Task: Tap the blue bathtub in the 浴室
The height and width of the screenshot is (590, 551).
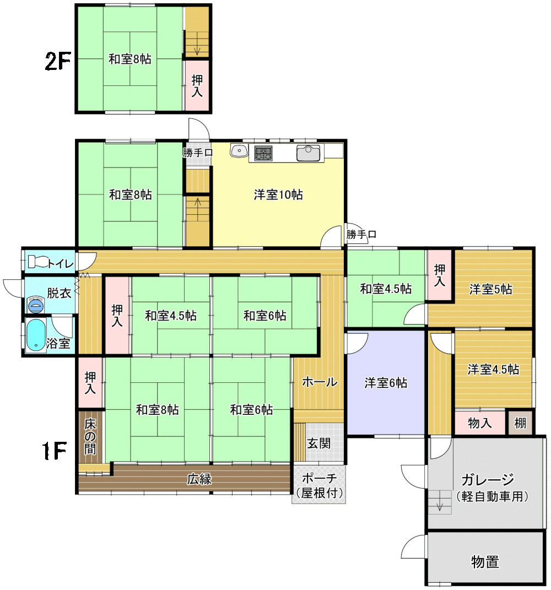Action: pos(36,335)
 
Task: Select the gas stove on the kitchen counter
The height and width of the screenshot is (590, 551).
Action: pos(263,153)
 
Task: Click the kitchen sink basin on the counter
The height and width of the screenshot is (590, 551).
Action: pos(308,153)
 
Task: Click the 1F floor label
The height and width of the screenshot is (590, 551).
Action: pos(54,451)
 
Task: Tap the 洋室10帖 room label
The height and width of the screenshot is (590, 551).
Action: pos(278,194)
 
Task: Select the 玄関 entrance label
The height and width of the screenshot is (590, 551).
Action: pos(319,443)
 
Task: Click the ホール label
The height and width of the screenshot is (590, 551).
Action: pos(320,382)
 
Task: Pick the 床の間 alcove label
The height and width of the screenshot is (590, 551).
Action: pos(90,436)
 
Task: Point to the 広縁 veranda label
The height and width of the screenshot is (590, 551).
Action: pos(199,479)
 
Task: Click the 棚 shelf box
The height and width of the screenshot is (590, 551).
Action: pos(520,423)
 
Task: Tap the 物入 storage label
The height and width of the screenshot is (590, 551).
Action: pos(480,423)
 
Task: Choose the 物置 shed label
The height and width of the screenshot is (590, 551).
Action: pos(485,562)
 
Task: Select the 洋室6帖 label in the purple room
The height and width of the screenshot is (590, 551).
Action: pos(386,383)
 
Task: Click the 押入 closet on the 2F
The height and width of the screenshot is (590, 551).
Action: pos(197,85)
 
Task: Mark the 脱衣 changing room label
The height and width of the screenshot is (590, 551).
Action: pos(59,293)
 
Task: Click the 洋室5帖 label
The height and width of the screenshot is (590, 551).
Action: pos(491,289)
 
